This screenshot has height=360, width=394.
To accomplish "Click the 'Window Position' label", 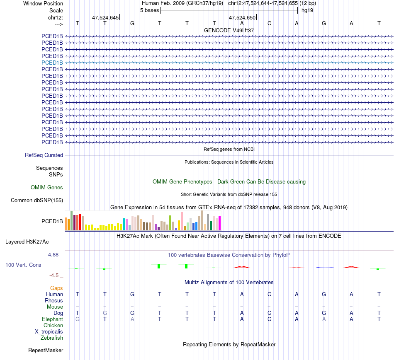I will (x=43, y=3).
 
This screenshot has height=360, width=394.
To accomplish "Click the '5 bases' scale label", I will (x=149, y=10).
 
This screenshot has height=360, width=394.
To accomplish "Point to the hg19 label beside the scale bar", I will (x=307, y=10).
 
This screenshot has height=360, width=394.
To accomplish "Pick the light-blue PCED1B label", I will (x=52, y=63).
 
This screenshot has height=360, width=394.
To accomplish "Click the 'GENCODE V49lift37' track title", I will (x=229, y=31).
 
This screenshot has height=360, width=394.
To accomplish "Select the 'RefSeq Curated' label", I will (x=44, y=155).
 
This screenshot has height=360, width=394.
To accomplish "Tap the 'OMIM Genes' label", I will (x=47, y=188).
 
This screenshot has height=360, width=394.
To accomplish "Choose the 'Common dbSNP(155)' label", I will (x=37, y=201).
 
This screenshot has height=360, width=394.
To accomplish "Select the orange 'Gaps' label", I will (x=56, y=288).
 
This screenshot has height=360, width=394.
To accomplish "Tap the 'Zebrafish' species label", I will (x=52, y=338).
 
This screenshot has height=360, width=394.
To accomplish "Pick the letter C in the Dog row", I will (x=269, y=313).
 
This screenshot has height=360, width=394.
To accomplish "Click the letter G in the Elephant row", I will (x=78, y=319).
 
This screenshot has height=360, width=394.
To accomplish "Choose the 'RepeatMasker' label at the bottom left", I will (x=46, y=350).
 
